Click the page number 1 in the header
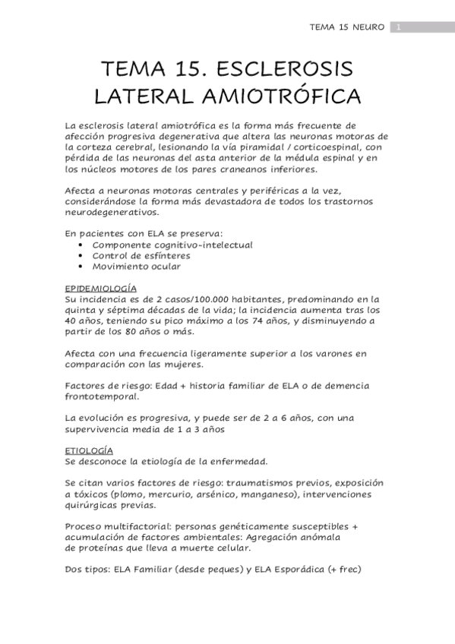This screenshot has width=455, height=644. [398, 28]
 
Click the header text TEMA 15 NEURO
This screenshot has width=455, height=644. [347, 28]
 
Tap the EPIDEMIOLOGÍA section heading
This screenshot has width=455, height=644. [101, 289]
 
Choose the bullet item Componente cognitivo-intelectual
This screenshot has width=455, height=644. [172, 245]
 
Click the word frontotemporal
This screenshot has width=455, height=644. [103, 396]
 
